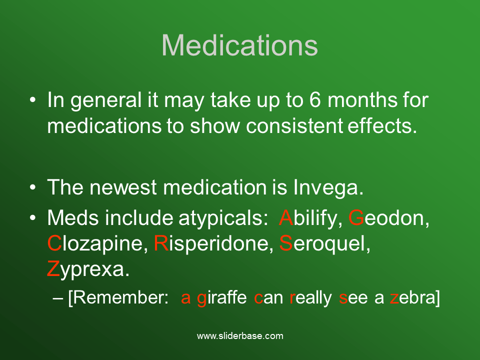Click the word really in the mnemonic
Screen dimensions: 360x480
pyautogui.click(x=310, y=298)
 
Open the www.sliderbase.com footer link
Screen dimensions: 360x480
pyautogui.click(x=240, y=336)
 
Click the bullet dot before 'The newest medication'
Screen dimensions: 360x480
pyautogui.click(x=33, y=187)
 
